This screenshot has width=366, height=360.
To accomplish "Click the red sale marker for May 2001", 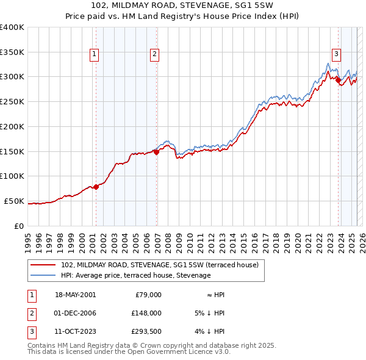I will [96, 187].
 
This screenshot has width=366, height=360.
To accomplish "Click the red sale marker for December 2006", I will [156, 153].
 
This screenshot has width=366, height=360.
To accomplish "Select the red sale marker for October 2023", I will [338, 80].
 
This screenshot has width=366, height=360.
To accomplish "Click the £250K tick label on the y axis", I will [12, 101].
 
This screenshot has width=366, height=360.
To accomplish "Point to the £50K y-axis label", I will [15, 201].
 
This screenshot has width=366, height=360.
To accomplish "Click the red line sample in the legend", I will [43, 265].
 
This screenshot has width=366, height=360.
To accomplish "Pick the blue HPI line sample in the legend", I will [43, 276].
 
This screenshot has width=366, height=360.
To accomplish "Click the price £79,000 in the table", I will [148, 295].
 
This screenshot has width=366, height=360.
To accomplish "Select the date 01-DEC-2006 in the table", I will [76, 313].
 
